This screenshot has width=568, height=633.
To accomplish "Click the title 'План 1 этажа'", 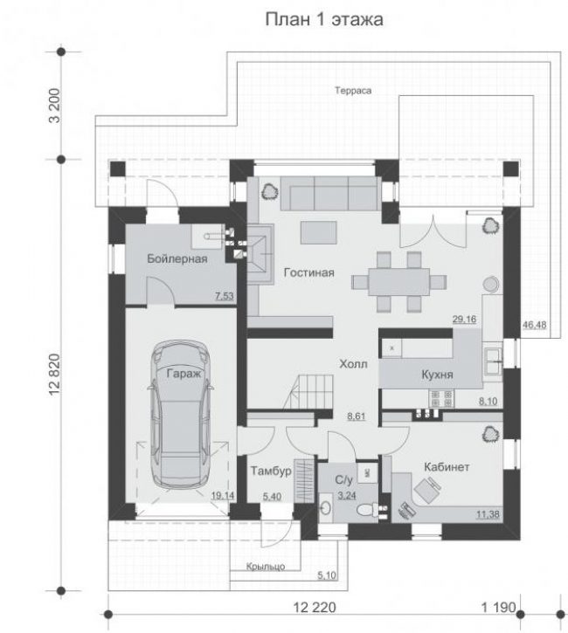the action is pos(324,19).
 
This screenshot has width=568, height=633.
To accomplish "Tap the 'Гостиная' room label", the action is pos(309,273).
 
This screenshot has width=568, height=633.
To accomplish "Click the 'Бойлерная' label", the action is pos(177,258).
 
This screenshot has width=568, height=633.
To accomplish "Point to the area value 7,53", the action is pos(225,296).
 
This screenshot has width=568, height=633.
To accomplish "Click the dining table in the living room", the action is pos(398,282).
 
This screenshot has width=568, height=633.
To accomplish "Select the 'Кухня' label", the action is pos(437,375).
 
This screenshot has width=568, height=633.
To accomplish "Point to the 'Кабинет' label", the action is pos(447,467).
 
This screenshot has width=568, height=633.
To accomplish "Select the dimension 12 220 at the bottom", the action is pos(315,607).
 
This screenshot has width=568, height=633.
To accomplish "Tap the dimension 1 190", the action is pos(499,607).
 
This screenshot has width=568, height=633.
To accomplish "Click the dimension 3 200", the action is pos(54,106).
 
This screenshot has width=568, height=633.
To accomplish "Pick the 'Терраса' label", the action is pos(353,91).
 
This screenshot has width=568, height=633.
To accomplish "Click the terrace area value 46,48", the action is pos(534,325).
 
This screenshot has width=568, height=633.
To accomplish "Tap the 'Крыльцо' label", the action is pos(266,567).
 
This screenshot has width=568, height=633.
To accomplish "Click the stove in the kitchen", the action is pos(441,398).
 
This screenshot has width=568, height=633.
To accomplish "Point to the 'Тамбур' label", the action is pos(271,471).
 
